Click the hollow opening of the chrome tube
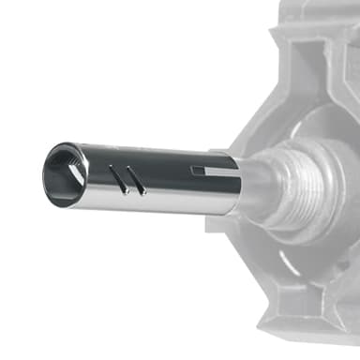62,174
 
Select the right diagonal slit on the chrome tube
137,181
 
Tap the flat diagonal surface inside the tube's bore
66,169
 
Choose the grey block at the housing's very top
319,9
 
